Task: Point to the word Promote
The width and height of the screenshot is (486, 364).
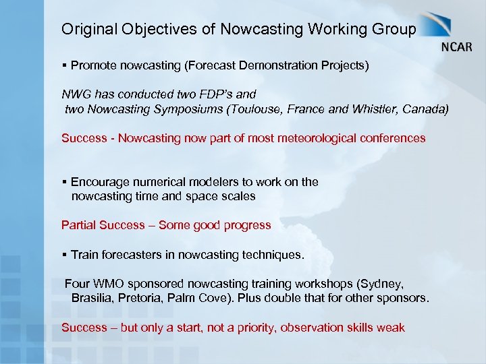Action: (x=93, y=66)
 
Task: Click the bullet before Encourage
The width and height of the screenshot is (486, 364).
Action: (x=64, y=182)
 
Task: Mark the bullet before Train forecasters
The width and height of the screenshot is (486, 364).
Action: (x=64, y=255)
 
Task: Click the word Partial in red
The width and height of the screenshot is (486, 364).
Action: (x=78, y=225)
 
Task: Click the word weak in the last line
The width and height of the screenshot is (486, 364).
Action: (x=391, y=328)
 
